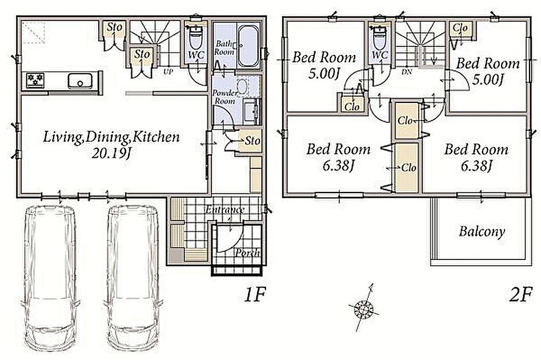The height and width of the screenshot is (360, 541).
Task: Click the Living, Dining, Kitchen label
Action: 111,137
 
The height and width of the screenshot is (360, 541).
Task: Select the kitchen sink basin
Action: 80,82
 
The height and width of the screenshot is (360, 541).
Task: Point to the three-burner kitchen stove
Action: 35,81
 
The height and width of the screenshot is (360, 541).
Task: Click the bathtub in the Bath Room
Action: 249,46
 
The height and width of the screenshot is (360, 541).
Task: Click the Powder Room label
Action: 225,97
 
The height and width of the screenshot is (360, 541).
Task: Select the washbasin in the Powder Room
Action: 242,87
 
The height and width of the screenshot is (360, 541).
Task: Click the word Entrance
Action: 225,210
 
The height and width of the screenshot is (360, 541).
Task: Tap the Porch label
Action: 247,253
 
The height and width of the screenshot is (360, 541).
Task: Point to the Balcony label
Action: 482,231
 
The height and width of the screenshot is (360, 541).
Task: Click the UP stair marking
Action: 169,72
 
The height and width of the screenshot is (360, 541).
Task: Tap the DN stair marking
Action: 407,73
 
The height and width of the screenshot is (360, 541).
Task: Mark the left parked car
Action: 50,277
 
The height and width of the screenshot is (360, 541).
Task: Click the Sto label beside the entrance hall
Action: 253,141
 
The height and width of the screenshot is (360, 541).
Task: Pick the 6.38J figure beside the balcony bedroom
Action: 476,166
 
